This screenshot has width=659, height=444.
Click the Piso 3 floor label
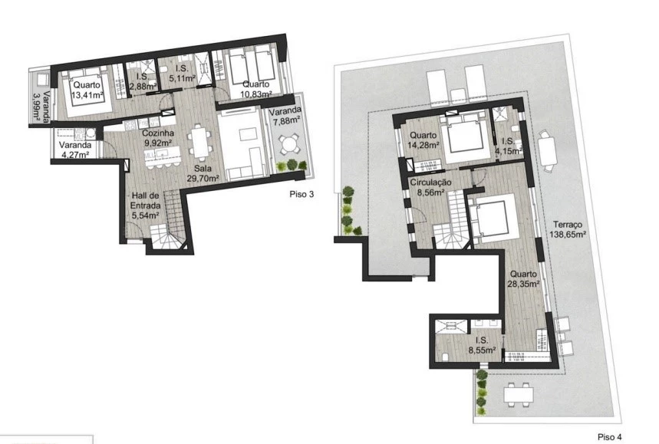(301, 194)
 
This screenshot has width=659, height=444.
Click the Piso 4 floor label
(609, 437)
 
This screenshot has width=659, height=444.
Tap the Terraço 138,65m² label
(568, 229)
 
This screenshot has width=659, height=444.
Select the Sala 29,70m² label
(203, 173)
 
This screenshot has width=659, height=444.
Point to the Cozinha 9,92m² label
(158, 138)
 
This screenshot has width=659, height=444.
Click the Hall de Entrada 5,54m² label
(145, 206)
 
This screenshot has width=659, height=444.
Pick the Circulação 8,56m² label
(431, 187)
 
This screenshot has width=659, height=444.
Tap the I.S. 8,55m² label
(481, 345)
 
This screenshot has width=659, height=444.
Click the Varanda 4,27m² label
(75, 150)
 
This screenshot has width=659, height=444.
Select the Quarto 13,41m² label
(87, 90)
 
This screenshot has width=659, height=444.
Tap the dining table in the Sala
(199, 142)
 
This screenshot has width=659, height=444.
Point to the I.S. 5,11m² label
(183, 73)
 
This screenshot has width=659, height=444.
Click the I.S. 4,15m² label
(509, 146)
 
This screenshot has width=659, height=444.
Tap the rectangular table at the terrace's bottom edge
(519, 394)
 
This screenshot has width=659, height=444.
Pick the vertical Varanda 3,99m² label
(41, 107)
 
